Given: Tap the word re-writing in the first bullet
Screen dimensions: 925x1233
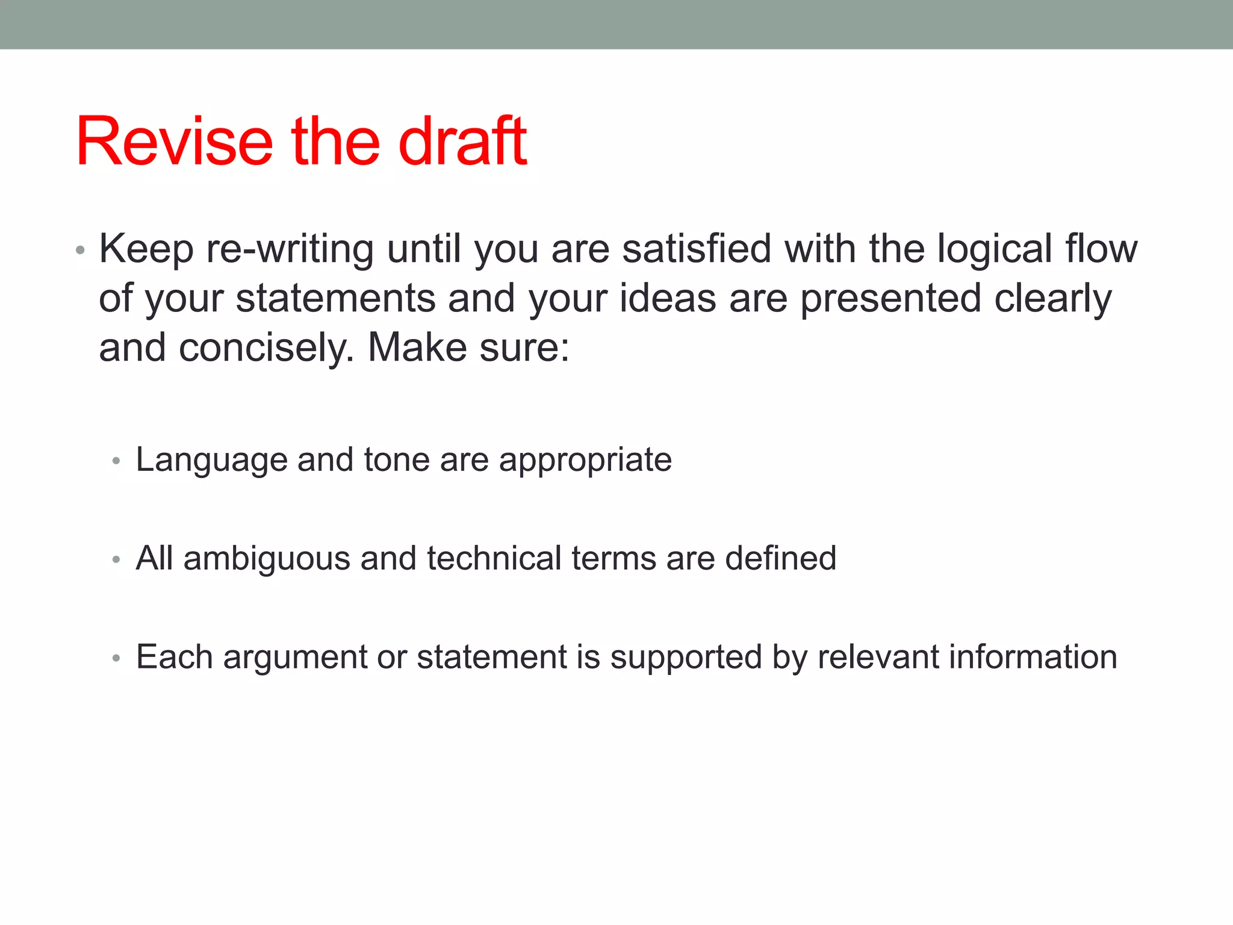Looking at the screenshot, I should tap(290, 249).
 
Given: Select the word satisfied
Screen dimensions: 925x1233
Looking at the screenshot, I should tap(696, 249).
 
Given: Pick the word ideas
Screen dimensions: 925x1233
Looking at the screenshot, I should tap(668, 298).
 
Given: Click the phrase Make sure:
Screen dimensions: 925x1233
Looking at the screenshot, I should tap(468, 347).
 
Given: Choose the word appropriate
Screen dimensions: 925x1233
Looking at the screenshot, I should tap(585, 460).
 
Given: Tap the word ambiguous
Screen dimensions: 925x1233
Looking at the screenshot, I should tap(267, 558).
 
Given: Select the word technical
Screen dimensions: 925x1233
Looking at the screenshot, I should tap(494, 558).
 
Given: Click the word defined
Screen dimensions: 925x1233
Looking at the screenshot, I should tap(781, 558).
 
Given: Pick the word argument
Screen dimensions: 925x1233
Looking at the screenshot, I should tap(294, 657).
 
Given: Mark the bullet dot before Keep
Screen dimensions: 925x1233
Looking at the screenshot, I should tap(80, 250).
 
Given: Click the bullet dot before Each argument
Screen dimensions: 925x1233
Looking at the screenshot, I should tap(116, 658).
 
